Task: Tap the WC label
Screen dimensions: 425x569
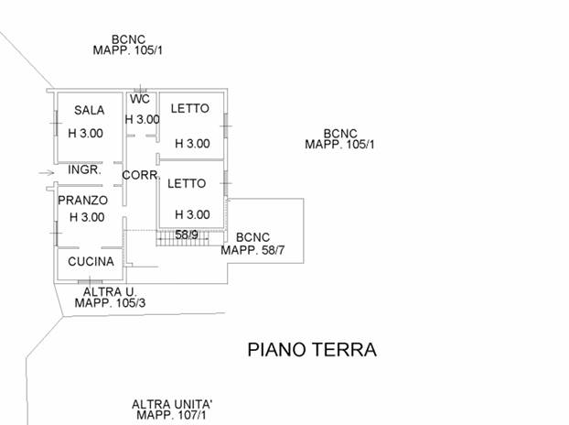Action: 140,99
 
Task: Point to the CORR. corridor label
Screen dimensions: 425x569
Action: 142,175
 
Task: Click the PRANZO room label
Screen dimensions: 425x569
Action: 83,200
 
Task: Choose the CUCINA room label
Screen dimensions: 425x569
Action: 91,261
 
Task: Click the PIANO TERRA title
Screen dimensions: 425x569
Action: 312,350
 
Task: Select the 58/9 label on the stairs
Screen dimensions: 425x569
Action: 188,234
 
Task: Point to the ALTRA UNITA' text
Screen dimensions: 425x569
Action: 172,404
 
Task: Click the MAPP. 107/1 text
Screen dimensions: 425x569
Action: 172,416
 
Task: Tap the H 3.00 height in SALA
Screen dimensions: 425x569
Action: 86,133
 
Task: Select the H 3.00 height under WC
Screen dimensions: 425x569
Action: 142,119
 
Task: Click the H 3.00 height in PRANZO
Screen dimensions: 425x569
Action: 86,218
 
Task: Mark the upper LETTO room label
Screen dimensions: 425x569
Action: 190,108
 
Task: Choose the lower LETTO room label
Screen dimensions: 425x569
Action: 188,183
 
